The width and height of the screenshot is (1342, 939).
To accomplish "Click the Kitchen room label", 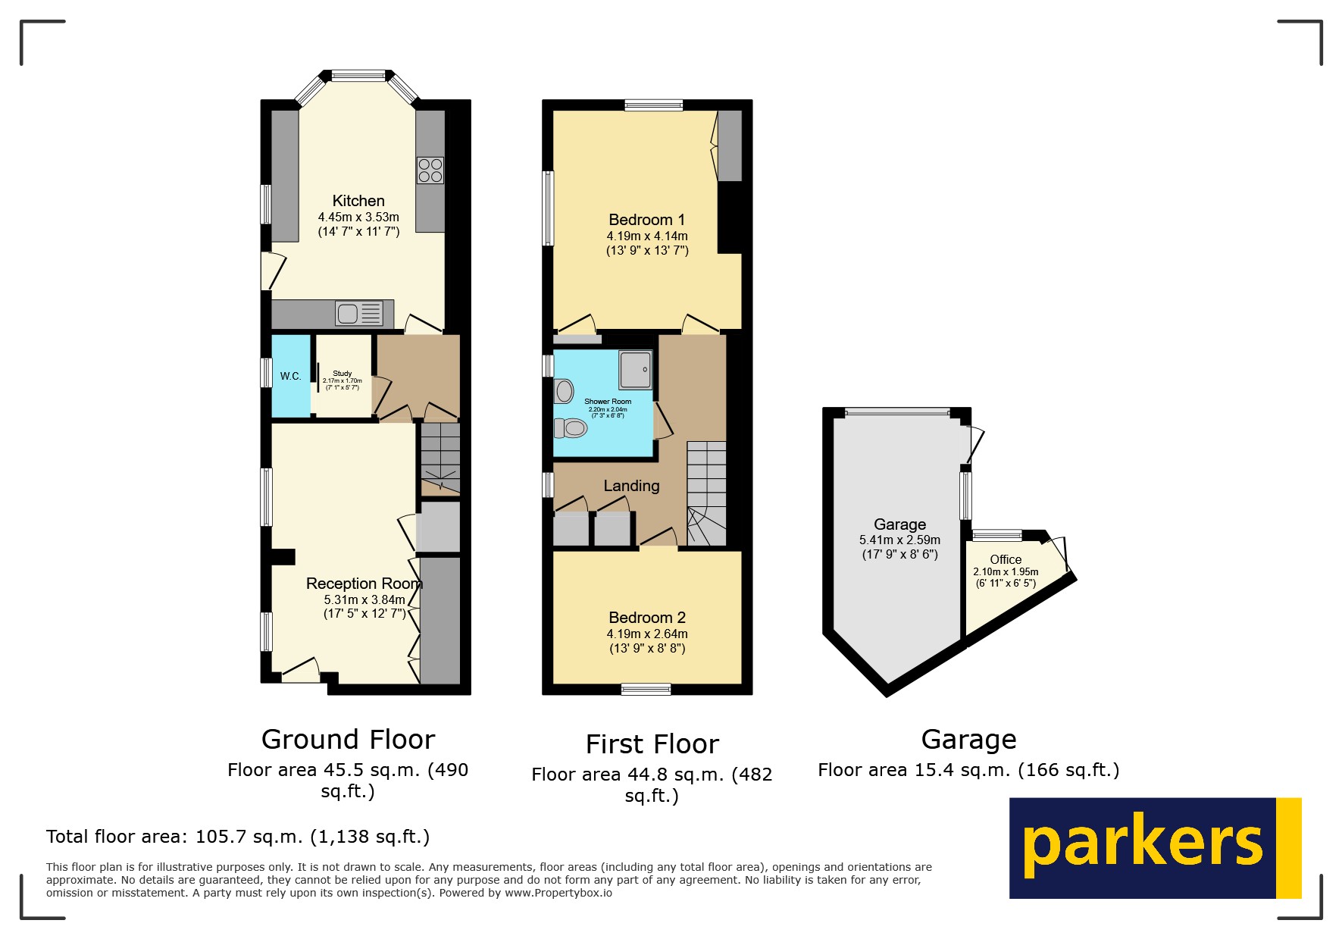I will coord(358,201).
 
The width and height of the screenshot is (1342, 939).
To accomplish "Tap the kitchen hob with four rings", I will coord(430,171).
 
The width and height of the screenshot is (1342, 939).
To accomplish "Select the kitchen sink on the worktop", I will coord(358,313).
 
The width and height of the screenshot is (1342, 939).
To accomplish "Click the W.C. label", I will coord(290,376).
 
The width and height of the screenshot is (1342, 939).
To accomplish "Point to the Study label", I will coord(343,374).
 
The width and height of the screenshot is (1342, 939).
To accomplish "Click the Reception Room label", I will coord(364,584).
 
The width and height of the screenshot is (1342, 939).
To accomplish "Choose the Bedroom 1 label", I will coord(646,220).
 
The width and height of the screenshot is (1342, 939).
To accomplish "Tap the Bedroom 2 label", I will coord(646,618).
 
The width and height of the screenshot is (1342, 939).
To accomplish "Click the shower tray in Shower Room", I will coord(635,369).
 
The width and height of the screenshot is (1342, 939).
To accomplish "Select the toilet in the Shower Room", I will coord(571,428).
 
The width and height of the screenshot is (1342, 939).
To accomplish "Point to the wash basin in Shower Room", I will coord(564,391).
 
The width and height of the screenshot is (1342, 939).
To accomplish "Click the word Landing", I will coord(631,486).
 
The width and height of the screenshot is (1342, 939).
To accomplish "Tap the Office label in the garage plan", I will coord(1006,559).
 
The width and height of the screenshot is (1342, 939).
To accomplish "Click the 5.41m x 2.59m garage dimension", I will coord(899,540).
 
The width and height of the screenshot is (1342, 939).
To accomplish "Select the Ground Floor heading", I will coord(348,739).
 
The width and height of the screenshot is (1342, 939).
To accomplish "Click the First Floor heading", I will coord(652,744).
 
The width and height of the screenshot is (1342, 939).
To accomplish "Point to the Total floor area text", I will coord(237,837).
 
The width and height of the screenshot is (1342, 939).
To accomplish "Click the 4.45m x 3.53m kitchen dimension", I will coord(358,218).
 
